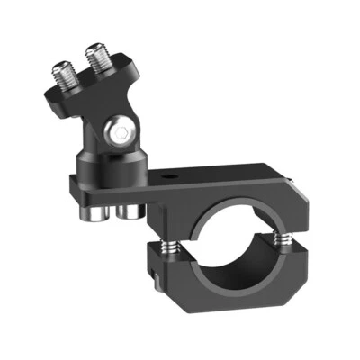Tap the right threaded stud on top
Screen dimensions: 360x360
click(x=98, y=59)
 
